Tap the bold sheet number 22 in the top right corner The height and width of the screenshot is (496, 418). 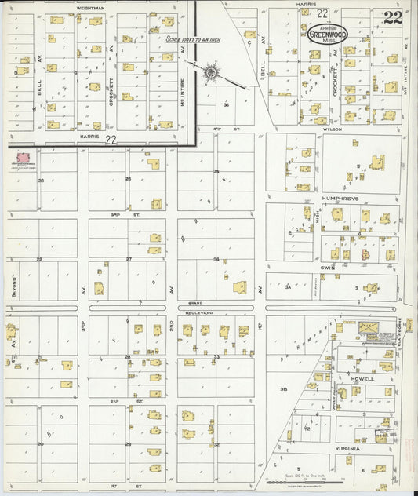coord(392,18)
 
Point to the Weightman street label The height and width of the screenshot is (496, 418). coord(92,7)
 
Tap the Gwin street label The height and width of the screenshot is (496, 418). coord(329,267)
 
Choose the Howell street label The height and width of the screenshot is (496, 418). coord(362,378)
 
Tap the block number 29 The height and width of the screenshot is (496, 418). coord(128,444)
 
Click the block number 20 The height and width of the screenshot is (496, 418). coord(40,443)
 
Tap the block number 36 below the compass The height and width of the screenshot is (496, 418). coord(225,104)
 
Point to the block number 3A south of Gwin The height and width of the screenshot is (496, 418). coord(289,288)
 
